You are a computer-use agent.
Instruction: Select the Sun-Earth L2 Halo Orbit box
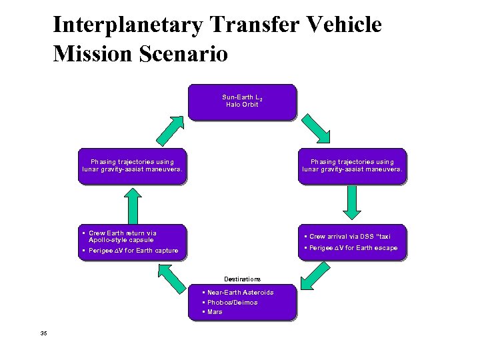click(241, 101)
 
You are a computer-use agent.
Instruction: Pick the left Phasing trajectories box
click(132, 165)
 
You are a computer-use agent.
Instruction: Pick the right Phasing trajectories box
click(352, 165)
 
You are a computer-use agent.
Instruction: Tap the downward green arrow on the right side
click(352, 202)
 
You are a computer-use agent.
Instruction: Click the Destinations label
click(242, 279)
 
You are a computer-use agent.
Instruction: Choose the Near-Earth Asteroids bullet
click(241, 292)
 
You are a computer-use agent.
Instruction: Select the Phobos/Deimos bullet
click(233, 302)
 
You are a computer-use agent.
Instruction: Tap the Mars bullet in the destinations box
click(215, 312)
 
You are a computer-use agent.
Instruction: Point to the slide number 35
click(43, 334)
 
